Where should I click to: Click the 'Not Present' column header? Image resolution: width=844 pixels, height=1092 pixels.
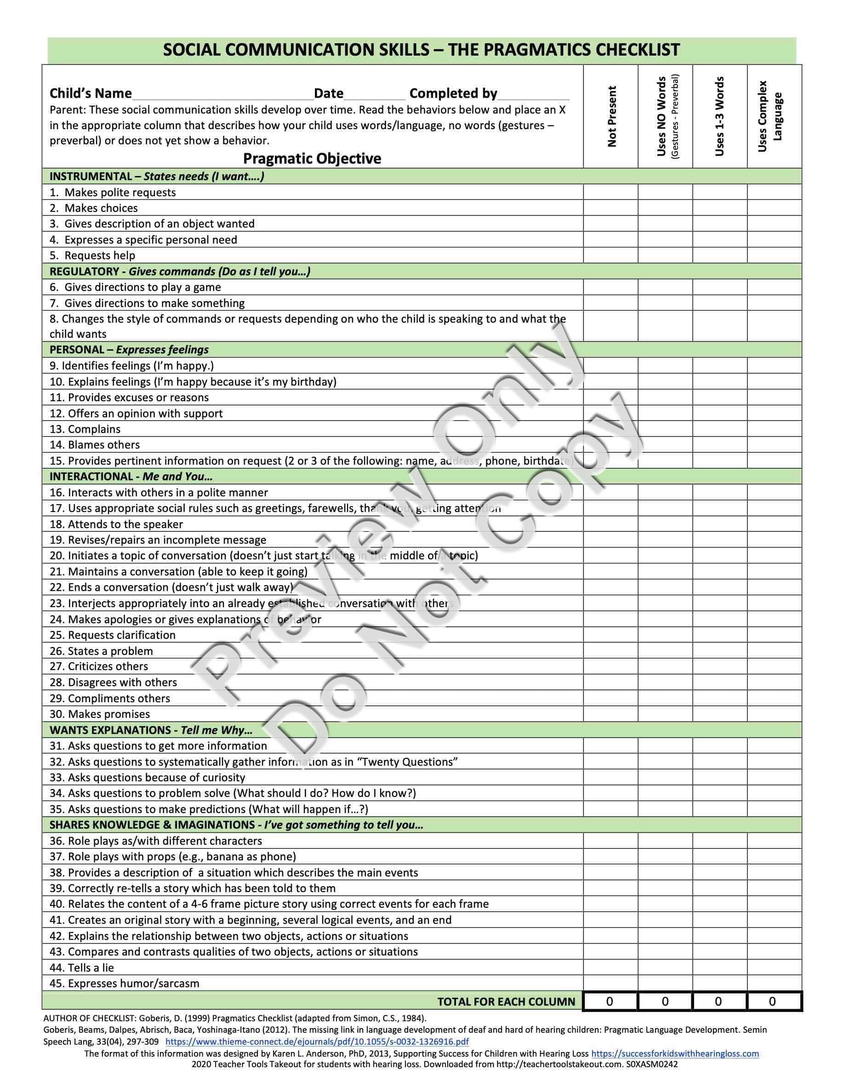611,116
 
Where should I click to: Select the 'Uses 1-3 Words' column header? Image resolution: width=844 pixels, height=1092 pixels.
719,116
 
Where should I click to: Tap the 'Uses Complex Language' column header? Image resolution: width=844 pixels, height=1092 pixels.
770,116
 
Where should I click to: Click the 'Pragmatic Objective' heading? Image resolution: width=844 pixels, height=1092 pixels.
312,159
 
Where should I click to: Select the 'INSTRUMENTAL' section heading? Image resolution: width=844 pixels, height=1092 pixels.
90,176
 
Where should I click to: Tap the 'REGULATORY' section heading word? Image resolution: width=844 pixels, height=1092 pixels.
84,272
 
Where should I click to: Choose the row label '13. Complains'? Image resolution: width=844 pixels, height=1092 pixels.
85,429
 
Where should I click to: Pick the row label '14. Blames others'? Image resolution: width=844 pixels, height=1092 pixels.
95,445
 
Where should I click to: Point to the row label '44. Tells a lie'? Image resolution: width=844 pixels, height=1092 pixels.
81,967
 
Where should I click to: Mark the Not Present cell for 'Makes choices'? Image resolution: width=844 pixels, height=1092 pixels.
610,208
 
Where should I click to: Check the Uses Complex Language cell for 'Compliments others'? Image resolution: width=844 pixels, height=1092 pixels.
774,699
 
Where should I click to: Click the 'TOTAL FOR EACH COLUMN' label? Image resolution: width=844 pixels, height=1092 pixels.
506,1001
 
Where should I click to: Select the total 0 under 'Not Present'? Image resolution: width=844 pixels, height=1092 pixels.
610,1001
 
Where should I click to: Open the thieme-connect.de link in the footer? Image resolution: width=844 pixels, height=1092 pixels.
317,1042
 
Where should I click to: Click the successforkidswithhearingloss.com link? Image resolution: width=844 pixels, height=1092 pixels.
675,1053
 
